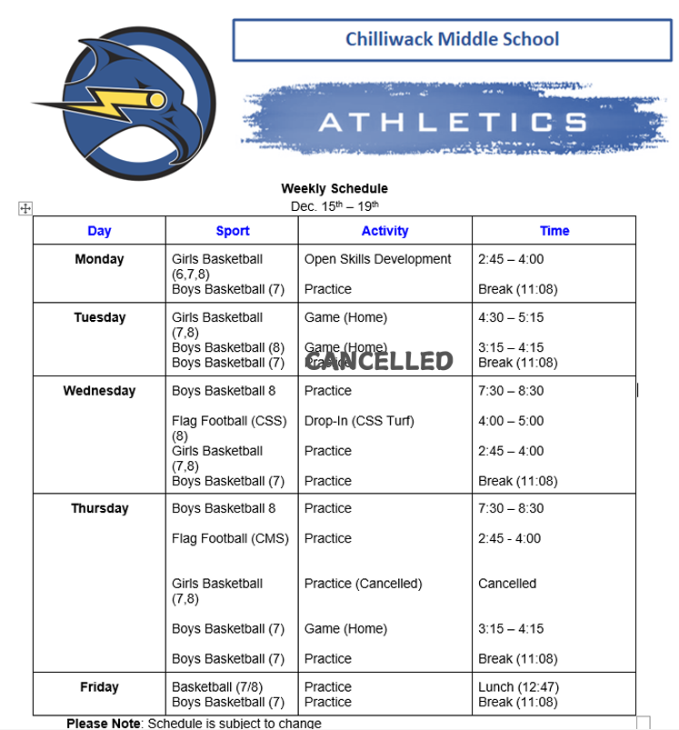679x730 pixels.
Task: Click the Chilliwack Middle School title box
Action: point(453,40)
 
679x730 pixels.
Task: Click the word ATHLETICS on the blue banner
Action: point(452,122)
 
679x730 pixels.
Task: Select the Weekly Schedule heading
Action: point(335,188)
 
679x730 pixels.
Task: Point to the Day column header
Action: point(99,231)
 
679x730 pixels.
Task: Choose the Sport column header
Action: point(233,231)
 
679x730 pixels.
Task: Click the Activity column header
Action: point(384,231)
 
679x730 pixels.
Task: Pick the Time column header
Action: point(554,231)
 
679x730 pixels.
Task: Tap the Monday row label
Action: point(99,259)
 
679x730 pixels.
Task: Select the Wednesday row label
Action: point(99,391)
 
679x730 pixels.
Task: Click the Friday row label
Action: point(99,687)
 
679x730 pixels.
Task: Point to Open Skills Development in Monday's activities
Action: point(377,259)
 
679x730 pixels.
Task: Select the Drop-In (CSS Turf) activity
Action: point(359,421)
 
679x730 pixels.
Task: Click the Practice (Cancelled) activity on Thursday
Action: point(364,584)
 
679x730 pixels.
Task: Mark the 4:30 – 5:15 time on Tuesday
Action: point(511,317)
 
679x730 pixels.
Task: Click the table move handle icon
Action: point(25,209)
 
